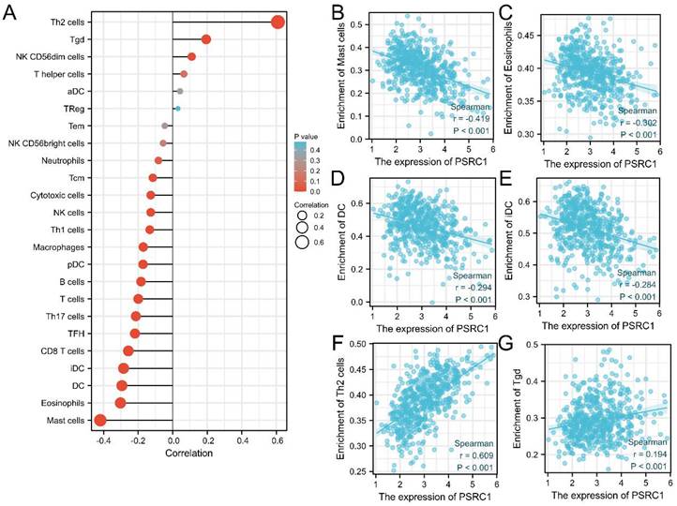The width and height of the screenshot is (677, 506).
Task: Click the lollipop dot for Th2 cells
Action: pos(278,22)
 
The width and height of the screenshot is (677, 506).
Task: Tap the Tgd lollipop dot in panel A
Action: pos(206,39)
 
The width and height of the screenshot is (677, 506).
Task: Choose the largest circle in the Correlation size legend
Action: pos(303,243)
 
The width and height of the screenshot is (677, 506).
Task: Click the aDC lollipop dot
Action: pos(179,91)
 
